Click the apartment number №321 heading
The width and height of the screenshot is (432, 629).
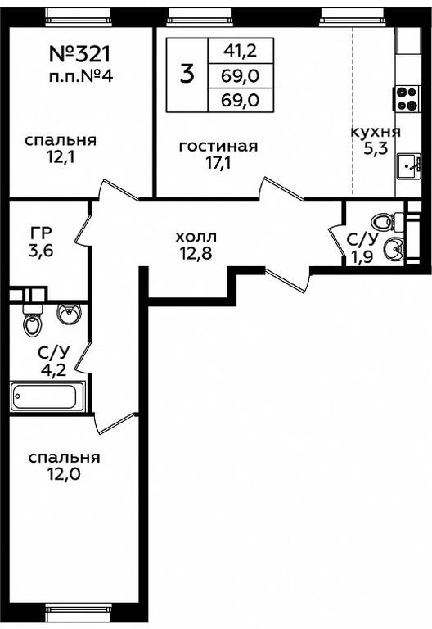click(79, 54)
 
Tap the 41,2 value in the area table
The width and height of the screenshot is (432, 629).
click(241, 51)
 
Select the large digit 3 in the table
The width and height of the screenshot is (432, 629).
click(187, 75)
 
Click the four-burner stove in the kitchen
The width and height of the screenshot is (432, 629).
click(406, 98)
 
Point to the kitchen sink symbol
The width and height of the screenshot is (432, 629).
click(409, 166)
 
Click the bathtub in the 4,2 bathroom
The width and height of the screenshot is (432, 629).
click(47, 396)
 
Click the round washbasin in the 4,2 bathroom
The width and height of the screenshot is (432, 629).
click(69, 314)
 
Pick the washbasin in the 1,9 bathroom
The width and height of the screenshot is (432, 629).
click(393, 250)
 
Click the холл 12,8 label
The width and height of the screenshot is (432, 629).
click(196, 245)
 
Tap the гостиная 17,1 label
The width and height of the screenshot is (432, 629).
click(218, 155)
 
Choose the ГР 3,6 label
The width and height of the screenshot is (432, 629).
click(41, 242)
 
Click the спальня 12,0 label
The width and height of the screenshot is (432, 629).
click(64, 466)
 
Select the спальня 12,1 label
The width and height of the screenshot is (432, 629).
click(61, 149)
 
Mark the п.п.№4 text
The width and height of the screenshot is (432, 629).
click(81, 76)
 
